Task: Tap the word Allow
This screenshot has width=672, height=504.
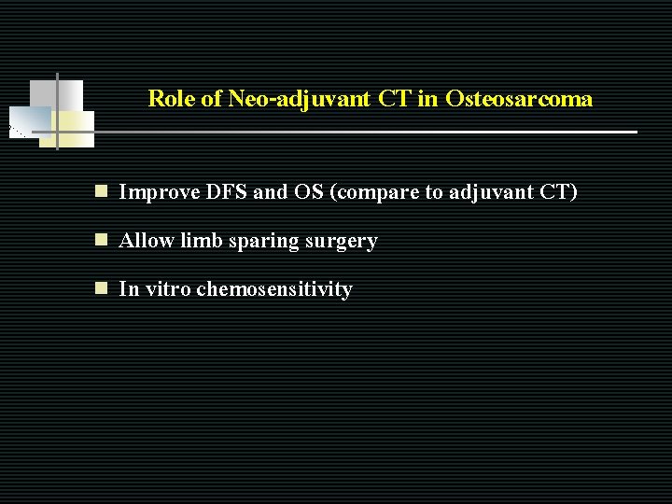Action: pos(147,241)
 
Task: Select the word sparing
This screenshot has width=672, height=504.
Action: pos(262,242)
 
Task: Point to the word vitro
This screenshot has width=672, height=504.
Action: pos(167,289)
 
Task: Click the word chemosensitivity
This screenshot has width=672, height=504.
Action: pos(274,289)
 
